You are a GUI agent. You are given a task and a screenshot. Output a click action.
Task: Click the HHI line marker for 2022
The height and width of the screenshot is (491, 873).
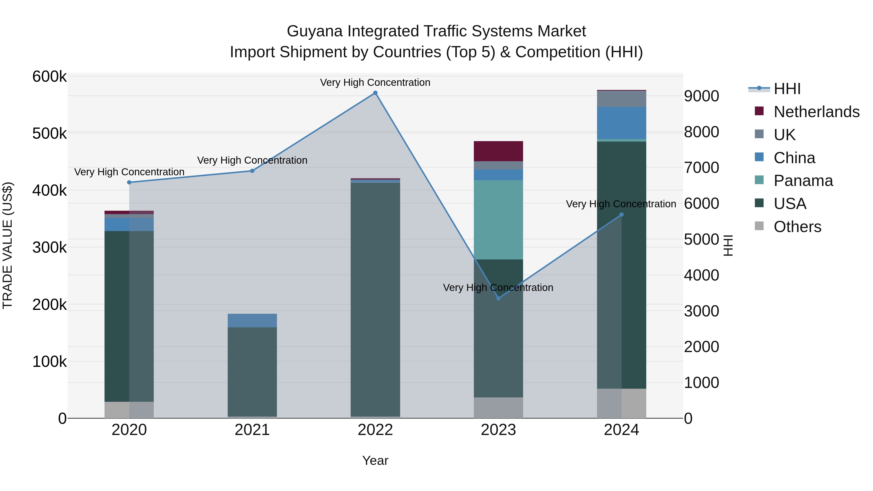click(x=375, y=93)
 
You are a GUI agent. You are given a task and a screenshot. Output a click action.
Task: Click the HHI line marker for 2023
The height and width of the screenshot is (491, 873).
click(x=498, y=298)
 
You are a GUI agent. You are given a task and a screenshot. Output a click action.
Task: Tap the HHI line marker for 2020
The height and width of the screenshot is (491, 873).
click(x=129, y=182)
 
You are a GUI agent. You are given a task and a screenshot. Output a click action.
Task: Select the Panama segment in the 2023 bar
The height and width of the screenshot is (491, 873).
click(x=498, y=220)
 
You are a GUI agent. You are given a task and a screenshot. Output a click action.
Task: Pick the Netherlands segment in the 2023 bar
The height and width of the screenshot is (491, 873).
click(x=498, y=151)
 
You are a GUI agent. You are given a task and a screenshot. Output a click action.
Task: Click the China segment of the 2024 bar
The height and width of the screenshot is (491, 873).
click(x=621, y=123)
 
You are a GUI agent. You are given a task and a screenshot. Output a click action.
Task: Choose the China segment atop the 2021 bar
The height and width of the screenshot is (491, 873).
click(x=252, y=320)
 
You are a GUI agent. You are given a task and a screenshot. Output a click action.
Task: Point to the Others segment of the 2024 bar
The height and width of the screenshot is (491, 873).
click(x=621, y=403)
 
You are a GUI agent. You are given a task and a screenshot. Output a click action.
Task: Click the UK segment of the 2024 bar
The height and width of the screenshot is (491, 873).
click(x=621, y=99)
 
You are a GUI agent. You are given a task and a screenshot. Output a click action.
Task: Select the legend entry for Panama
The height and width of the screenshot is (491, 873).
click(x=803, y=181)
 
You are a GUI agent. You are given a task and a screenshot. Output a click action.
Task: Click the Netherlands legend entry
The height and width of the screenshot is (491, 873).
click(x=816, y=112)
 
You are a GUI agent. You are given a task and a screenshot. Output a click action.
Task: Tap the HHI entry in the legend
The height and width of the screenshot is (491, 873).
click(x=787, y=89)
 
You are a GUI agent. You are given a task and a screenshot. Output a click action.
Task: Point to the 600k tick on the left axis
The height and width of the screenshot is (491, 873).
click(x=49, y=77)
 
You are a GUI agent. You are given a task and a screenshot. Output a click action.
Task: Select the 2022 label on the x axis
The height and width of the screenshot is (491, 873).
click(x=375, y=430)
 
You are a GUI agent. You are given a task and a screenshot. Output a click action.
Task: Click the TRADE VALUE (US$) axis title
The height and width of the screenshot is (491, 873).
click(x=8, y=245)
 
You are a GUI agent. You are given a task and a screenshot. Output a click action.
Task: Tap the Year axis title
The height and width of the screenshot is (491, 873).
click(x=375, y=460)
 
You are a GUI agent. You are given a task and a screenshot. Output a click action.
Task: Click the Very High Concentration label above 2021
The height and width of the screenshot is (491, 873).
click(x=252, y=160)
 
